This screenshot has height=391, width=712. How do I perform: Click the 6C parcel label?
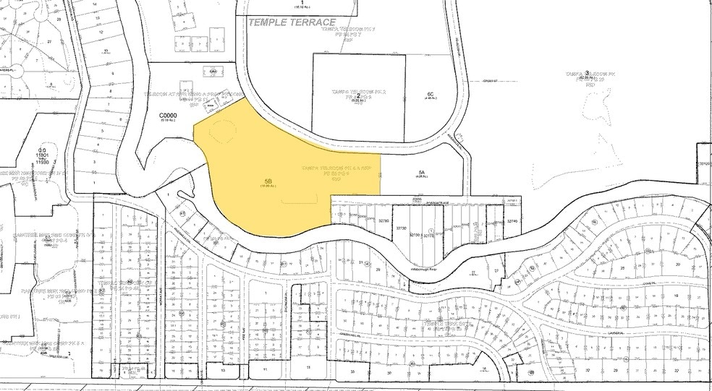[x=430, y=94]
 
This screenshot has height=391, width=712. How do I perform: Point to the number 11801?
[x=43, y=155]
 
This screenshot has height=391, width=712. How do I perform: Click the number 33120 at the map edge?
[x=705, y=163]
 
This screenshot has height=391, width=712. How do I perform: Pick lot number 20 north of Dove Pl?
[x=678, y=265]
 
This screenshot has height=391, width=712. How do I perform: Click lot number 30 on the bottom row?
[x=390, y=373]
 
